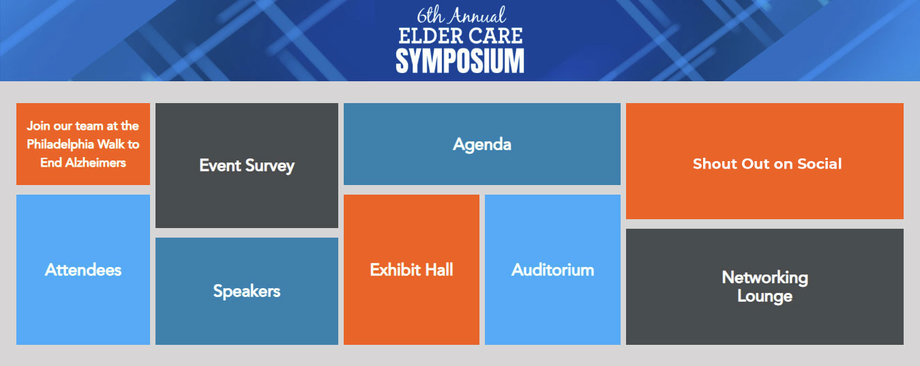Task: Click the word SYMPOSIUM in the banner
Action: pyautogui.click(x=460, y=61)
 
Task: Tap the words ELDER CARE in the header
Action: pyautogui.click(x=460, y=36)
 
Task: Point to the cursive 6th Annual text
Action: pyautogui.click(x=461, y=15)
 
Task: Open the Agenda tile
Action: pyautogui.click(x=481, y=144)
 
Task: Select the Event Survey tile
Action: pyautogui.click(x=247, y=165)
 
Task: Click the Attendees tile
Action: pyautogui.click(x=83, y=270)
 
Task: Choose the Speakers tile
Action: pyautogui.click(x=247, y=291)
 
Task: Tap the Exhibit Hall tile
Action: pyautogui.click(x=411, y=270)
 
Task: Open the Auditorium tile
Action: pyautogui.click(x=552, y=270)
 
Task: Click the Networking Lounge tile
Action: pyautogui.click(x=765, y=287)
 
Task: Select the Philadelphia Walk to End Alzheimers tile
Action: pyautogui.click(x=83, y=144)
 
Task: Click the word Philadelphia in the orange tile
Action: pyautogui.click(x=61, y=144)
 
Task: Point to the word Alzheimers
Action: pyautogui.click(x=95, y=163)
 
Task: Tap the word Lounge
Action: pyautogui.click(x=765, y=296)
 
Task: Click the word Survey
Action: pyautogui.click(x=270, y=166)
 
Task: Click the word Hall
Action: pyautogui.click(x=439, y=270)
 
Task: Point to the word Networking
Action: pyautogui.click(x=765, y=278)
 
